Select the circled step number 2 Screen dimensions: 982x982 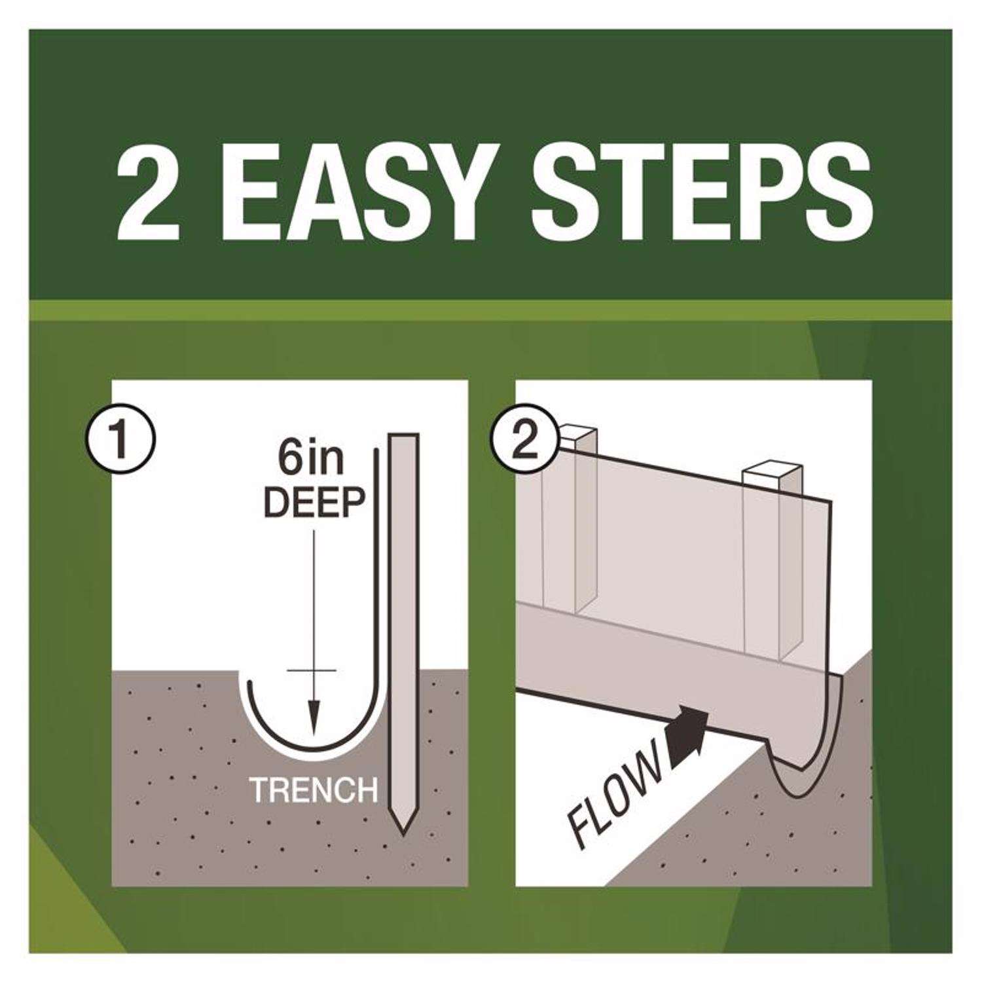(523, 440)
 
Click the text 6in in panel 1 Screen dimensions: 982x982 (312, 462)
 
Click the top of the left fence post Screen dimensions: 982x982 (577, 435)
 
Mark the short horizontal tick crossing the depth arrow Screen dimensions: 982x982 (312, 672)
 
